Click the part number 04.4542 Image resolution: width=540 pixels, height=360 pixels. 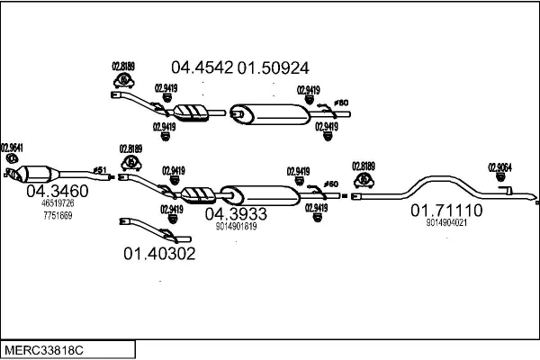(202, 67)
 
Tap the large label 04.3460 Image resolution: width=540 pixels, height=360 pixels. (57, 191)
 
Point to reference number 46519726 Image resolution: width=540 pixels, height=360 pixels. (58, 204)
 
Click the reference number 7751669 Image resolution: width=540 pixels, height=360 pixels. (58, 216)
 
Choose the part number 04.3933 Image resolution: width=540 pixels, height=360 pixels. (236, 214)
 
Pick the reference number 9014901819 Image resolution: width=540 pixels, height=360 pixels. (237, 227)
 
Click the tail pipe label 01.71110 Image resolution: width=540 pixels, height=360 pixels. (446, 211)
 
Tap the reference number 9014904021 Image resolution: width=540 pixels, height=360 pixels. (446, 223)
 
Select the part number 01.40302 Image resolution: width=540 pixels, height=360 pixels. (158, 254)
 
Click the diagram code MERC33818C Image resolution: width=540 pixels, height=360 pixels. (46, 347)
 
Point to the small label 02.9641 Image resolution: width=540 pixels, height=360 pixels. (12, 148)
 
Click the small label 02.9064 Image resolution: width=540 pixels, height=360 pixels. (500, 166)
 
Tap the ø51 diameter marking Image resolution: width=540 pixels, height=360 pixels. (100, 169)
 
